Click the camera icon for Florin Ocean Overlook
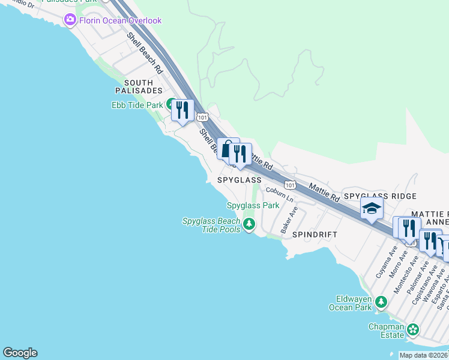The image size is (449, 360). coord(70,20)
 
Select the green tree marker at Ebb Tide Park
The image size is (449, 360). coord(171,104)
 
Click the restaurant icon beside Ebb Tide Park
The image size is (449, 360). coord(182,110)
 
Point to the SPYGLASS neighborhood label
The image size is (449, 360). coord(235,180)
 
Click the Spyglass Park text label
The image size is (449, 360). coord(253,205)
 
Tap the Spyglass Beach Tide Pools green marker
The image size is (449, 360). coord(249,225)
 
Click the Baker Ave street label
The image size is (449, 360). coord(289,221)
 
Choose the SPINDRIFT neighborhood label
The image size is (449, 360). coord(315,235)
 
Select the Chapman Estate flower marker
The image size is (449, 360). coord(413,329)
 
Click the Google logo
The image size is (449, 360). coord(20,353)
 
